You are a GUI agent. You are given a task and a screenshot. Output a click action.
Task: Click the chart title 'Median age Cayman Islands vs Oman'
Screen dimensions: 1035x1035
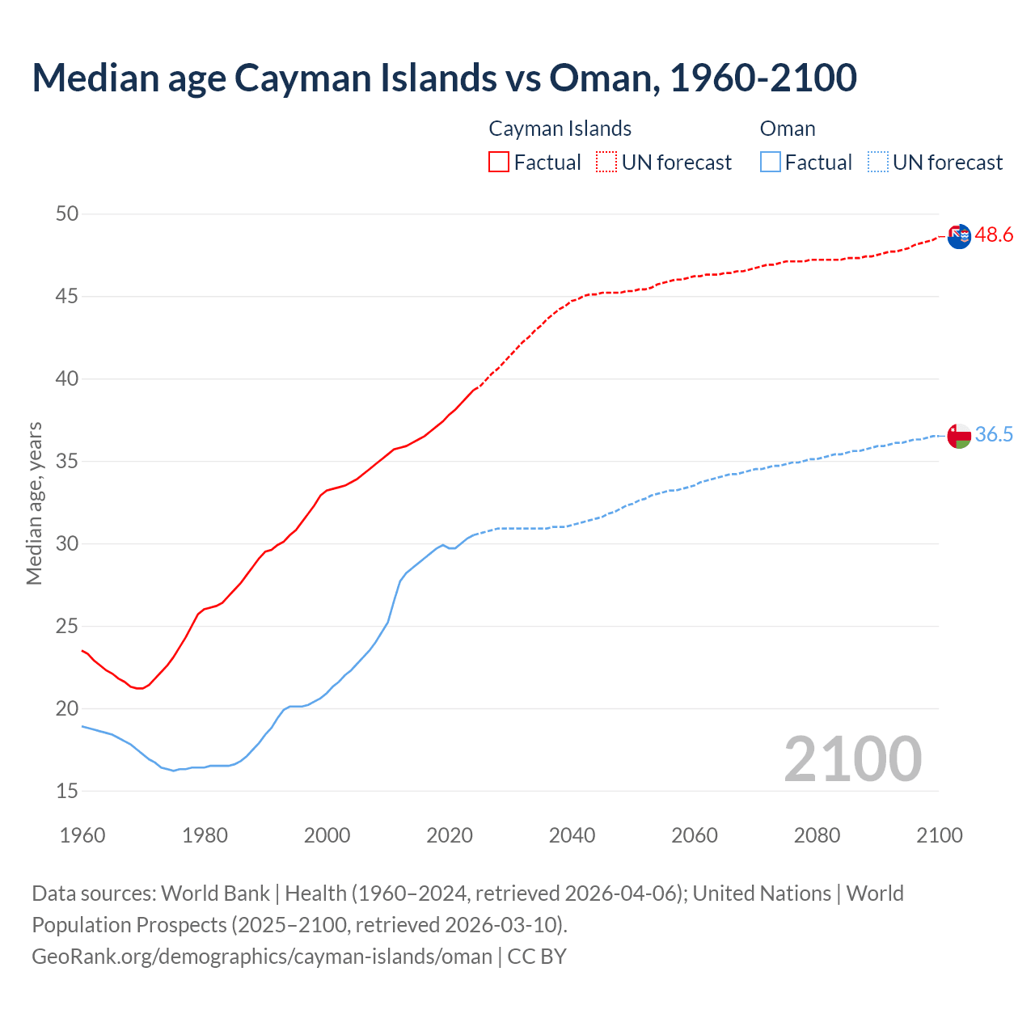444,78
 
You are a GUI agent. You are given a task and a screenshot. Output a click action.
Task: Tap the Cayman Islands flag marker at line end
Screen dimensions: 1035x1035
959,236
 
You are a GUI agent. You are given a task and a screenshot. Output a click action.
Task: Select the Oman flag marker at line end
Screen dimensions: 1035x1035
959,436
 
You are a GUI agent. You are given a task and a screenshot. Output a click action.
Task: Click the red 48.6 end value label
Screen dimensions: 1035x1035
994,235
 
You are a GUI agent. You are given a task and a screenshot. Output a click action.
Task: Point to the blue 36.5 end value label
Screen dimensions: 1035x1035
994,435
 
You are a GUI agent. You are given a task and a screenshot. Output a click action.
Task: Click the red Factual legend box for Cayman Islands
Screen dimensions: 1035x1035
499,163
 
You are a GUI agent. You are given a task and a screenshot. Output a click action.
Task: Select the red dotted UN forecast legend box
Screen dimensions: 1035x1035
606,163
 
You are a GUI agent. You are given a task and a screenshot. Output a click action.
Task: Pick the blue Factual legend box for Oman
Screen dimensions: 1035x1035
771,163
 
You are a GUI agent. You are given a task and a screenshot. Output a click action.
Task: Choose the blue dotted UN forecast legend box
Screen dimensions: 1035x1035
877,163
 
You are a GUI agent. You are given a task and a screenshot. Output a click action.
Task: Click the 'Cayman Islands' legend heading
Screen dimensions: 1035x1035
560,129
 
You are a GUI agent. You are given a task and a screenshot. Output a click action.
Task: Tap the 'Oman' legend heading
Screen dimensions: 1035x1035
788,129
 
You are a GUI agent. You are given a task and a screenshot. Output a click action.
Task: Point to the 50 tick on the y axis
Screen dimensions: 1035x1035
67,214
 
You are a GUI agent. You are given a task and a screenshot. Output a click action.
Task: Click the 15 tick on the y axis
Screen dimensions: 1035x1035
67,791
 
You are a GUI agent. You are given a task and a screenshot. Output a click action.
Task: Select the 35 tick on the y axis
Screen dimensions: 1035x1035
67,462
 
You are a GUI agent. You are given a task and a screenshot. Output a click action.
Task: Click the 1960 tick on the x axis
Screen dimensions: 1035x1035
82,835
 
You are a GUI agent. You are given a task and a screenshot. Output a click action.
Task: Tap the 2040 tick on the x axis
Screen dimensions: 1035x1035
572,835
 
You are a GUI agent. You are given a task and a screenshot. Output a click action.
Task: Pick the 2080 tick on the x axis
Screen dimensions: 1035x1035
817,835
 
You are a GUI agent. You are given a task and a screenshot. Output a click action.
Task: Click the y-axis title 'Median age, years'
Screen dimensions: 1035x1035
34,503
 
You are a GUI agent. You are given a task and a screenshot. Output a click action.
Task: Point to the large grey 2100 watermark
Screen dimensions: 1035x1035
852,758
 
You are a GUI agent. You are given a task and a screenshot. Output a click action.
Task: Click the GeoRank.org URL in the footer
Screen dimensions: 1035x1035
262,957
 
